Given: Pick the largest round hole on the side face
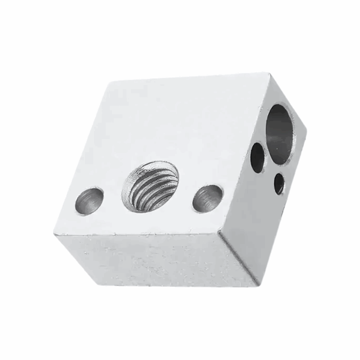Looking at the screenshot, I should [282, 133].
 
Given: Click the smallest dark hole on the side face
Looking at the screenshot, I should [279, 183].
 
